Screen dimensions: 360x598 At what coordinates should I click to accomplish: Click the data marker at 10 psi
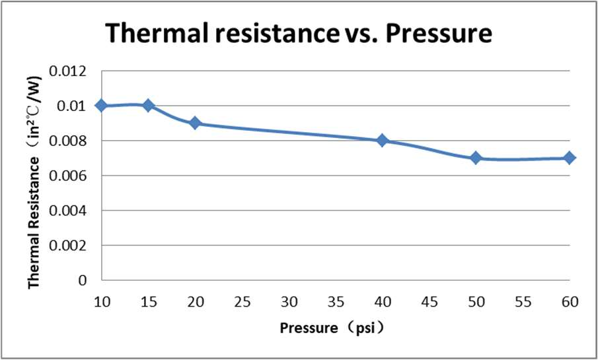click(x=101, y=106)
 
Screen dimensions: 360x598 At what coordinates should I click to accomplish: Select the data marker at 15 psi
click(x=148, y=106)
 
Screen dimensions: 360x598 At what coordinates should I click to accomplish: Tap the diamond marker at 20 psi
click(x=195, y=123)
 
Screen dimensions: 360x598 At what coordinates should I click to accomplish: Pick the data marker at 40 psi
click(x=382, y=141)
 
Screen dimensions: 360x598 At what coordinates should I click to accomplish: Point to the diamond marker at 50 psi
click(x=476, y=158)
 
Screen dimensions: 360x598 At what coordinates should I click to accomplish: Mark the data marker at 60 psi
click(x=570, y=158)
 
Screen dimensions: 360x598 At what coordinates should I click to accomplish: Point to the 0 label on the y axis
click(x=83, y=280)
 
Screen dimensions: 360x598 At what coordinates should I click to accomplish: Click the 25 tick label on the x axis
click(x=242, y=302)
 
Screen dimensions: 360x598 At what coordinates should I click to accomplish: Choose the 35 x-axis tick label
click(x=336, y=302)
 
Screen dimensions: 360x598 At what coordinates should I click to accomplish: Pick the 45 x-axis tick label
click(x=430, y=302)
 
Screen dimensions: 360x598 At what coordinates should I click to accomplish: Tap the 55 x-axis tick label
click(x=523, y=302)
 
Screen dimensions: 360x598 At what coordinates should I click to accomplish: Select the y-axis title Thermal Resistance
click(x=34, y=219)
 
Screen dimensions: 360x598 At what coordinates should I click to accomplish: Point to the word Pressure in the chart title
click(x=439, y=32)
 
